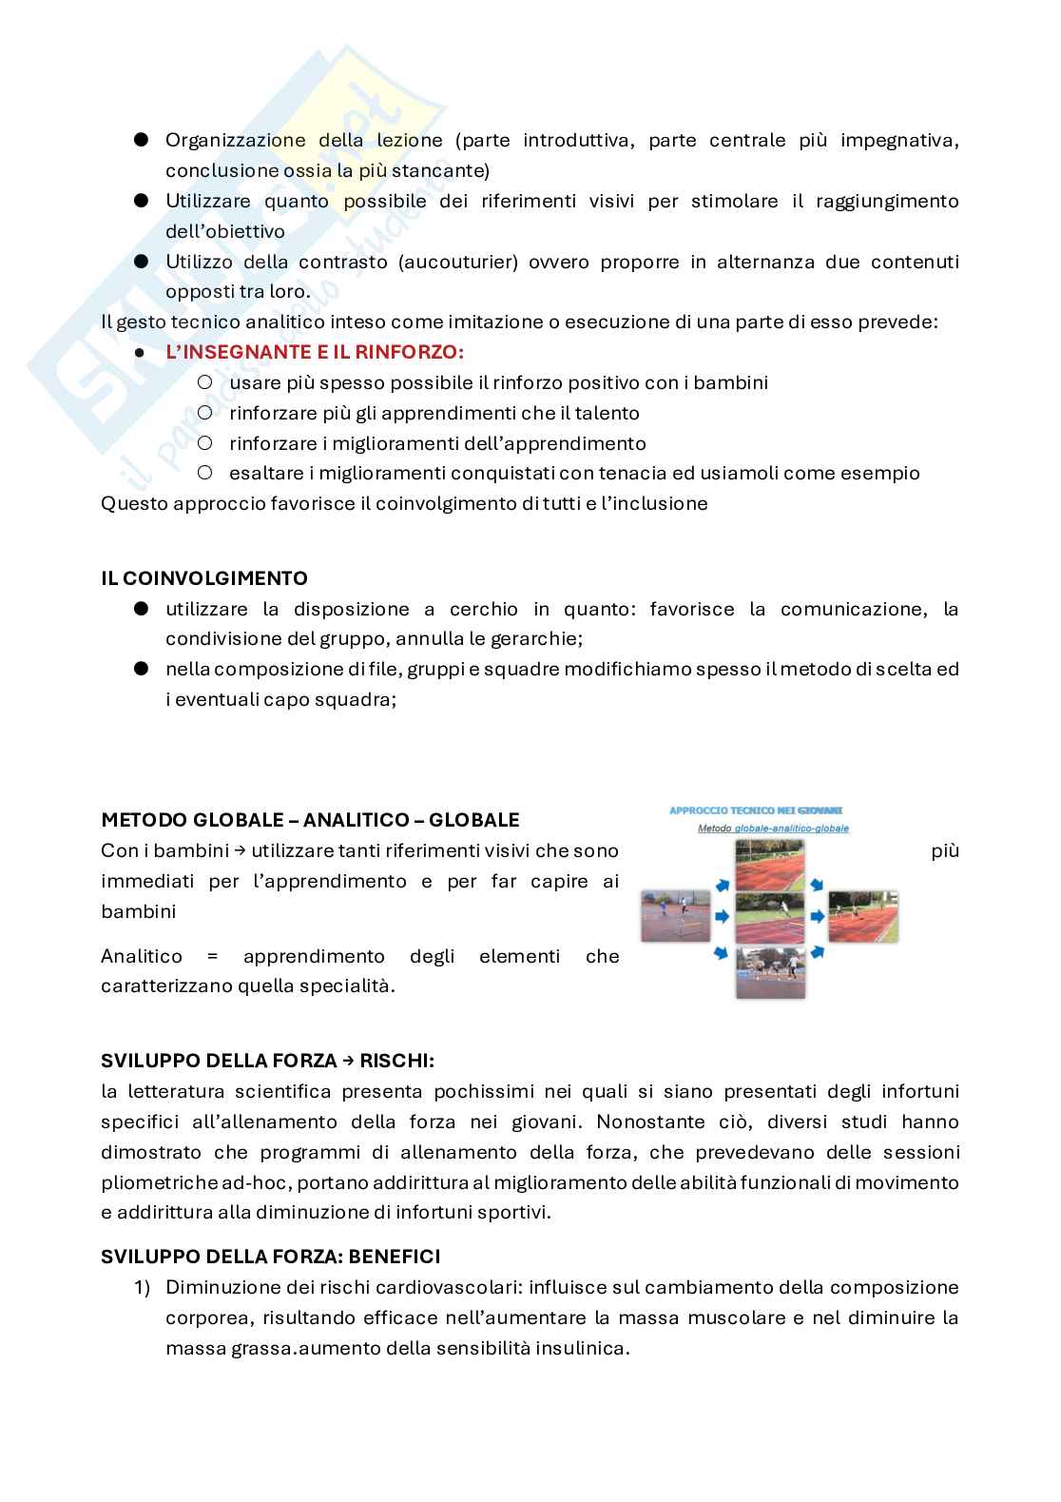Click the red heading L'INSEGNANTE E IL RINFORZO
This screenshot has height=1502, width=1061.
(x=314, y=352)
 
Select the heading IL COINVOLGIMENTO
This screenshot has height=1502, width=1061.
(x=204, y=578)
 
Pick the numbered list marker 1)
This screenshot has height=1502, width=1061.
(x=142, y=1288)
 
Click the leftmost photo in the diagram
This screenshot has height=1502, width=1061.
(x=675, y=916)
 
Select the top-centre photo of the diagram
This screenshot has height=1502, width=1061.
(x=770, y=868)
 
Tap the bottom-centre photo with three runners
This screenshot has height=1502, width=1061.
(x=770, y=971)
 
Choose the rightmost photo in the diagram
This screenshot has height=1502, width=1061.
(x=863, y=916)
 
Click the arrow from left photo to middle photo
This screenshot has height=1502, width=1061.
(x=722, y=917)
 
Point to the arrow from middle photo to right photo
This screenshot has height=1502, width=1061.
(x=817, y=917)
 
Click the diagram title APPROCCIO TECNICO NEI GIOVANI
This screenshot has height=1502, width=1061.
(x=756, y=810)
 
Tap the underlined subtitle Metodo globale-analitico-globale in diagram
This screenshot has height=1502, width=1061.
(x=772, y=829)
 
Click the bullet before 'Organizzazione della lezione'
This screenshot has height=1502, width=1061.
(x=142, y=140)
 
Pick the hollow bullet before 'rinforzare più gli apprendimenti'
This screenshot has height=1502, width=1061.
(x=204, y=413)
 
